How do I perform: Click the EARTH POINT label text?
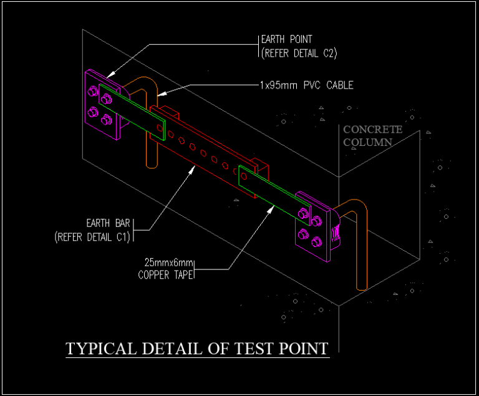(286, 40)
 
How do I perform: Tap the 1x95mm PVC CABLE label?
(306, 85)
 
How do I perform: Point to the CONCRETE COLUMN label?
(373, 135)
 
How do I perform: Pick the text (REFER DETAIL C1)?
(92, 236)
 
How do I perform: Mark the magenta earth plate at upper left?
(99, 106)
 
